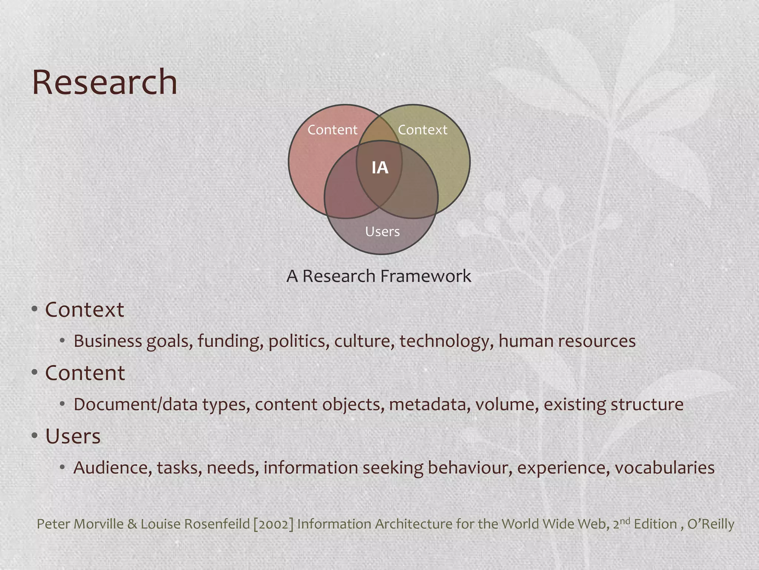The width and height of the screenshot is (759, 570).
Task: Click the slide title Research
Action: click(105, 82)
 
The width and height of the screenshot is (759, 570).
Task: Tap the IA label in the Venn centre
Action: click(380, 168)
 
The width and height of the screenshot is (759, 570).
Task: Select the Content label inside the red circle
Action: click(332, 130)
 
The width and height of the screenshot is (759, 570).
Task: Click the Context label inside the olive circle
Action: click(422, 130)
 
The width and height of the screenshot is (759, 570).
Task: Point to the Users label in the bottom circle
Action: click(382, 232)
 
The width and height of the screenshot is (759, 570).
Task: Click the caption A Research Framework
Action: click(379, 276)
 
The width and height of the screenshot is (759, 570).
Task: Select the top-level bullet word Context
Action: click(84, 309)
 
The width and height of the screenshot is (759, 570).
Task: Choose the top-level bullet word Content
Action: click(85, 373)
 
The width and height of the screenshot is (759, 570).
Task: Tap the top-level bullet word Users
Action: click(73, 436)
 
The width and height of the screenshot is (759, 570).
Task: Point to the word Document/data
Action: click(135, 404)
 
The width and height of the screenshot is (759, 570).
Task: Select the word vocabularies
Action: click(664, 468)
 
